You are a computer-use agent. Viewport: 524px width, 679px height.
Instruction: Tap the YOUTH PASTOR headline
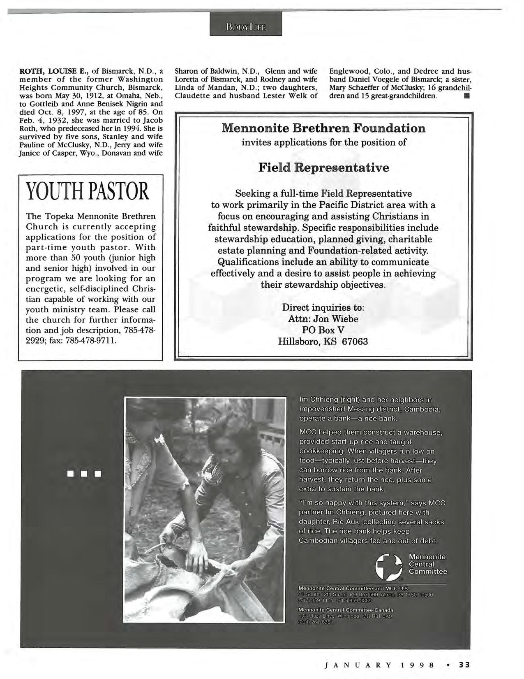86,192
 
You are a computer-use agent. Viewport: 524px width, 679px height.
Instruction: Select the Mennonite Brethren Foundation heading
323,128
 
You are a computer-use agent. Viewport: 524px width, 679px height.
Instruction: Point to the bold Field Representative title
323,168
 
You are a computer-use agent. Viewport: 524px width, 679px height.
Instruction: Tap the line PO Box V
323,330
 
